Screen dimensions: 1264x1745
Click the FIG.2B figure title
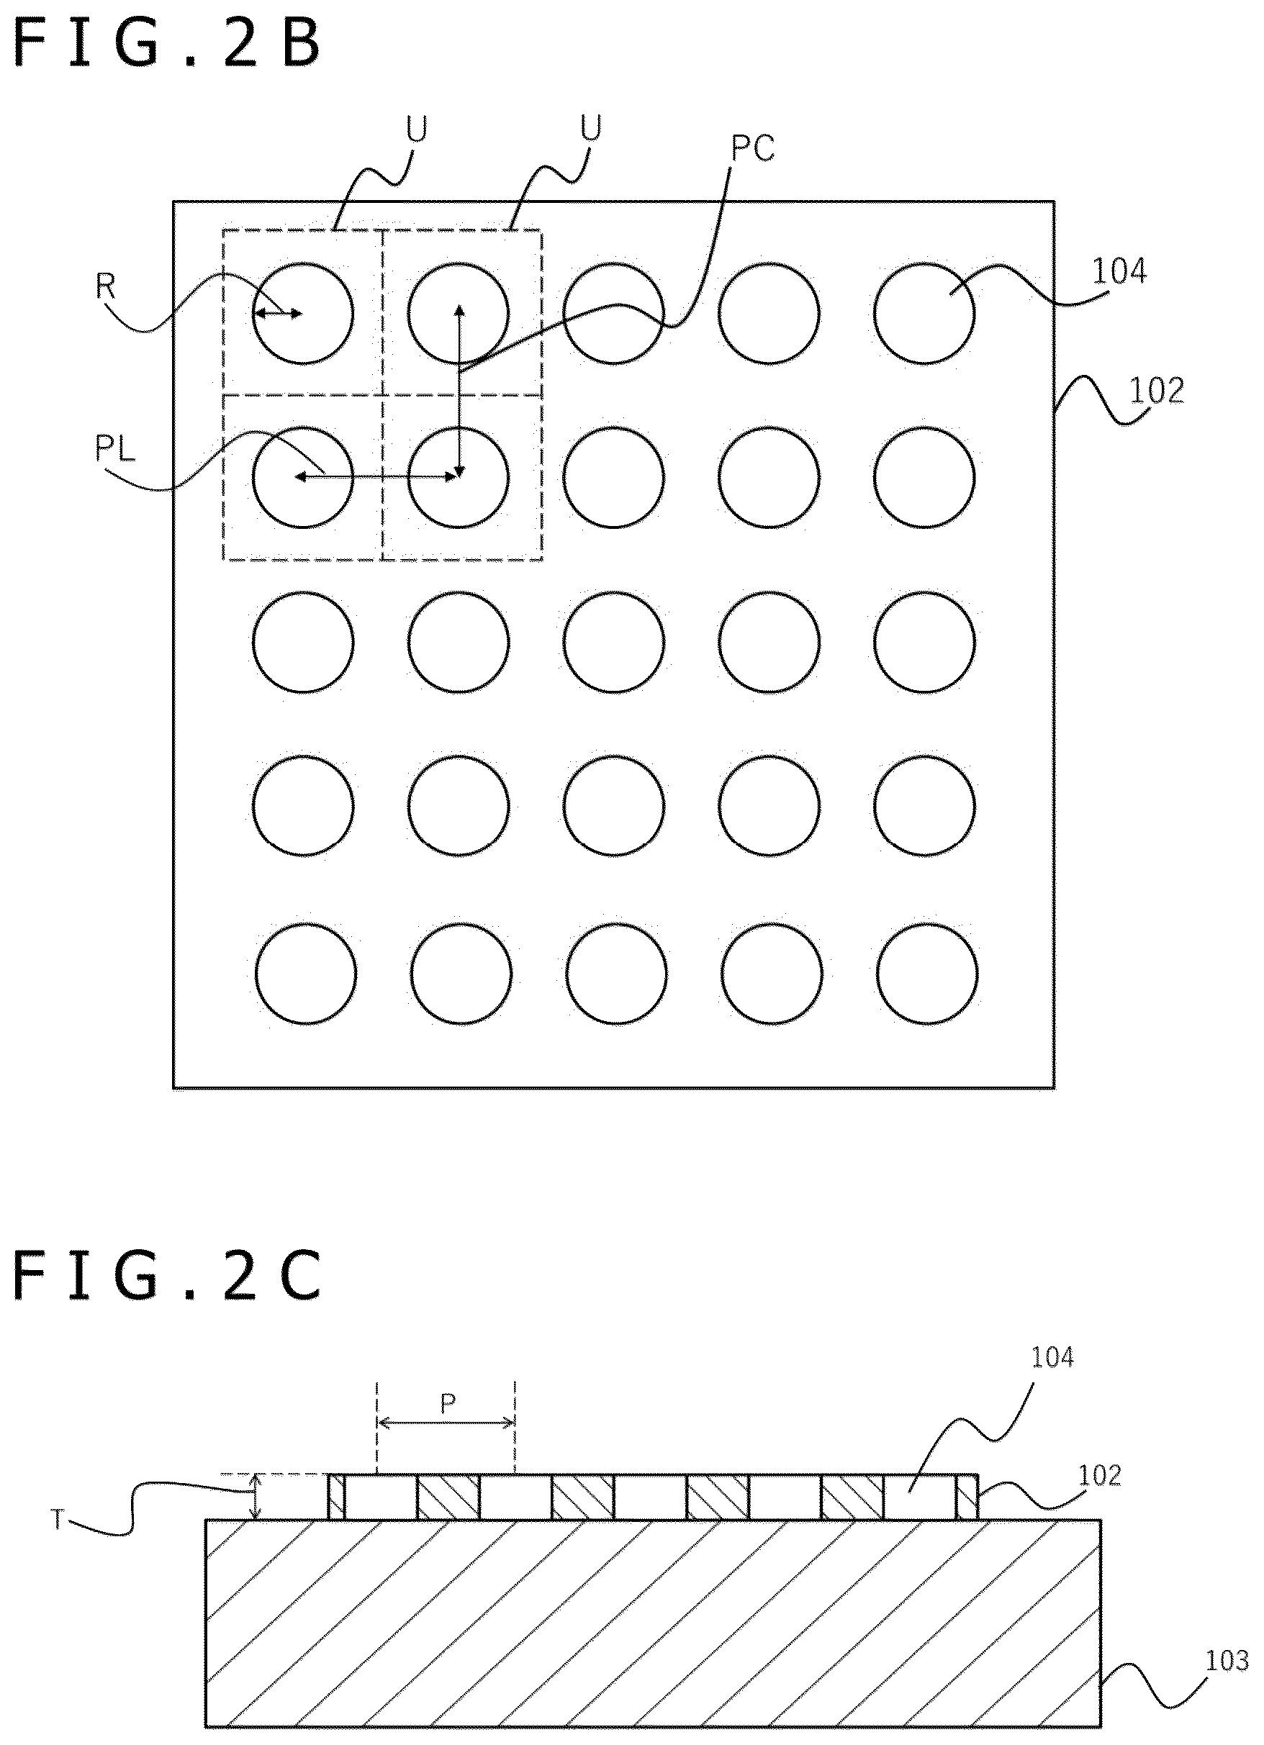point(167,44)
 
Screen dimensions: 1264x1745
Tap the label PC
point(752,148)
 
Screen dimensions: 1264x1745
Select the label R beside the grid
point(106,286)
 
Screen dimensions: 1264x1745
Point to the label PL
point(115,448)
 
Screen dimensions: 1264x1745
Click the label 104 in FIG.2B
point(1120,271)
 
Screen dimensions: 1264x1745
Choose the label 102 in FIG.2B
point(1156,391)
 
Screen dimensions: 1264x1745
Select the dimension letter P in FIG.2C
point(448,1404)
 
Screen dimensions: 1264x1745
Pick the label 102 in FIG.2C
point(1100,1475)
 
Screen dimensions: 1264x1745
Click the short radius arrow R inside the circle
point(278,313)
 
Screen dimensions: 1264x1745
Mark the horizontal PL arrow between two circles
point(376,477)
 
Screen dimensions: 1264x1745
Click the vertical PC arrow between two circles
point(459,391)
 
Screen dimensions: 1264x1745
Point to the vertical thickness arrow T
point(257,1497)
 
